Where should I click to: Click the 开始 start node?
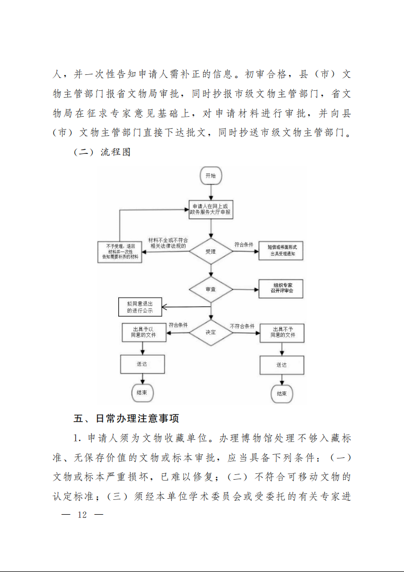(x=211, y=176)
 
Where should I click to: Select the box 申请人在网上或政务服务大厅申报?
(x=211, y=210)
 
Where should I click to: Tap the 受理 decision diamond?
(x=211, y=252)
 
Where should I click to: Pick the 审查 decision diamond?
(x=211, y=289)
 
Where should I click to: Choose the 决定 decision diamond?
(x=211, y=332)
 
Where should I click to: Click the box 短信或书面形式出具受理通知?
(x=281, y=250)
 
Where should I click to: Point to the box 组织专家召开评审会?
(x=281, y=289)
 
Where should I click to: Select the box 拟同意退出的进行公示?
(x=140, y=307)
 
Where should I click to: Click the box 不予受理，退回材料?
(x=120, y=252)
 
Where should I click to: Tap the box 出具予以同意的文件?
(x=144, y=332)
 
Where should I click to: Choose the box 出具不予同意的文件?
(x=282, y=333)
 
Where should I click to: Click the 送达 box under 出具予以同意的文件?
(x=143, y=364)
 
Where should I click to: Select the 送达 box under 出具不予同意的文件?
(x=282, y=365)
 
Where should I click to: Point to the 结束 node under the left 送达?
(x=142, y=393)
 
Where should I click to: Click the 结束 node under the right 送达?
(x=282, y=394)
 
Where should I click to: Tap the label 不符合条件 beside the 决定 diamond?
(x=242, y=326)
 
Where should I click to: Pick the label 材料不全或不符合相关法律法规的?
(x=168, y=244)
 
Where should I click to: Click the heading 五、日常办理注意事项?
(x=126, y=419)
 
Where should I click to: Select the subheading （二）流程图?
(x=102, y=152)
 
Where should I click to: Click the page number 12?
(x=82, y=515)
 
